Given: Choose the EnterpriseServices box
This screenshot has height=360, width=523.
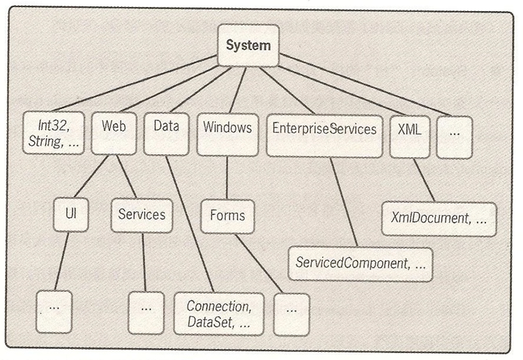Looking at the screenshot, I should [x=324, y=135].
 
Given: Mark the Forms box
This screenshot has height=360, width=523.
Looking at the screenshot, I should [x=227, y=216].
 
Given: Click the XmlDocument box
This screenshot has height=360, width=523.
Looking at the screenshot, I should [x=439, y=219].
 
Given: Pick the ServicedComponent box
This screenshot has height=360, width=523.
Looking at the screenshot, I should [x=360, y=264].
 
